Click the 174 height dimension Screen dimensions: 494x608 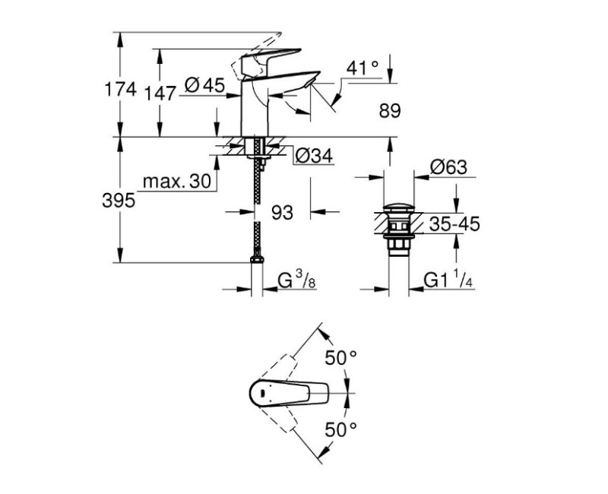point(119,90)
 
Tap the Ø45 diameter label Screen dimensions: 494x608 point(204,87)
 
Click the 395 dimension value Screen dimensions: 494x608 point(119,201)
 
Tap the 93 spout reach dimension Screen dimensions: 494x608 point(282,214)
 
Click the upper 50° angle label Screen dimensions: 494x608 point(341,356)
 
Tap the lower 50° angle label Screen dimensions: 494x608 point(341,429)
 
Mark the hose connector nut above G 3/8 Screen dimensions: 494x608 point(257,260)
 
